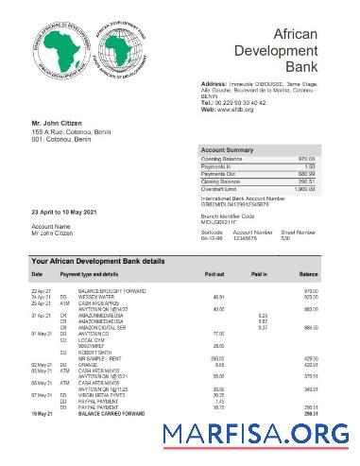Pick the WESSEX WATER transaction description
(x=98, y=296)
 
